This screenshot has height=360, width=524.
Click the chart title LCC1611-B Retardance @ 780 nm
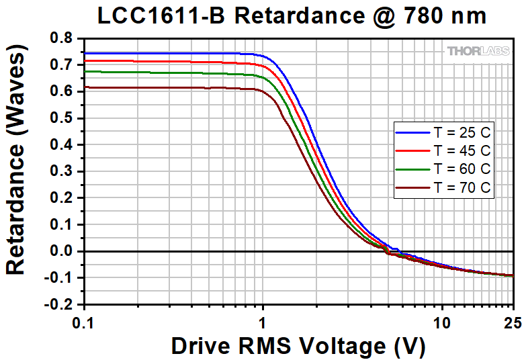292,16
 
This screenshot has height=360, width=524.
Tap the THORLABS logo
478,51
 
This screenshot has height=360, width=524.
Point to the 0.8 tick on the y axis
61,38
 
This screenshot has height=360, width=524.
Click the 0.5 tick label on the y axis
61,118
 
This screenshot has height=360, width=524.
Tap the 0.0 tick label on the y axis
61,251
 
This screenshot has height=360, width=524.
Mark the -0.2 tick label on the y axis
59,304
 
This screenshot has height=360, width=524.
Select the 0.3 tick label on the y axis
61,171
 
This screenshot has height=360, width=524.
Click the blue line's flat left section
168,53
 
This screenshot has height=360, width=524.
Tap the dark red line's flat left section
168,87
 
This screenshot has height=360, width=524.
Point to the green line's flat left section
168,73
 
